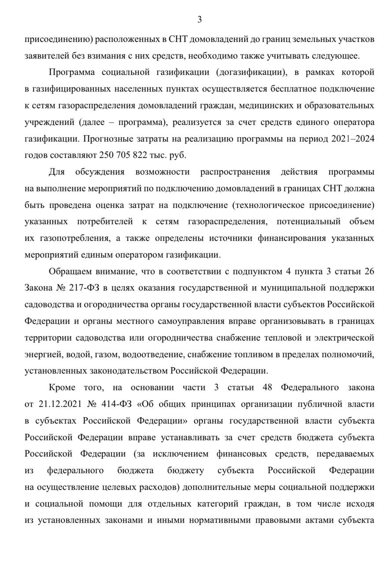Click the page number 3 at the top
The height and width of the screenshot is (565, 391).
199,19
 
